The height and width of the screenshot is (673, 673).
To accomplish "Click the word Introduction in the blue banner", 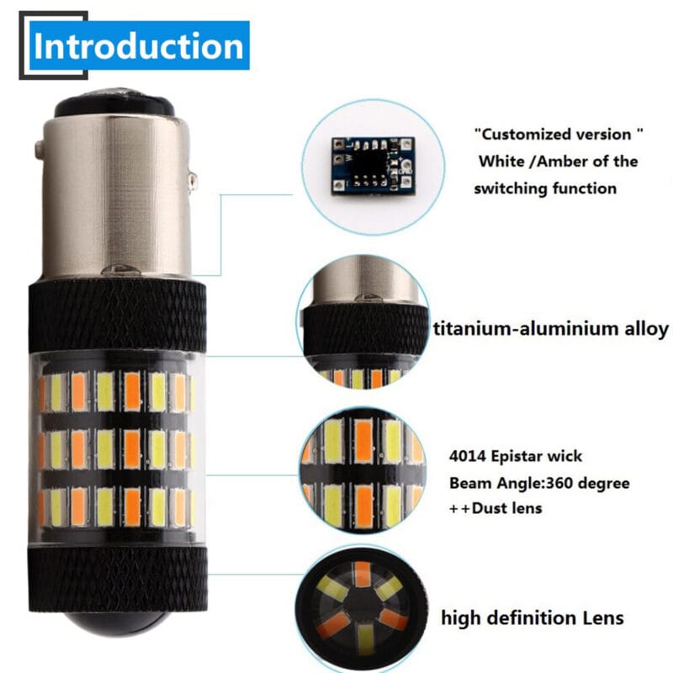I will tap(139, 47).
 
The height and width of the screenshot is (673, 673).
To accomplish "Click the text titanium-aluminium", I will tap(521, 328).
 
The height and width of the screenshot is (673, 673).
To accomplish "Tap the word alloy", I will tap(642, 328).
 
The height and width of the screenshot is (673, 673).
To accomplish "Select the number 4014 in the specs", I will tap(468, 457).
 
